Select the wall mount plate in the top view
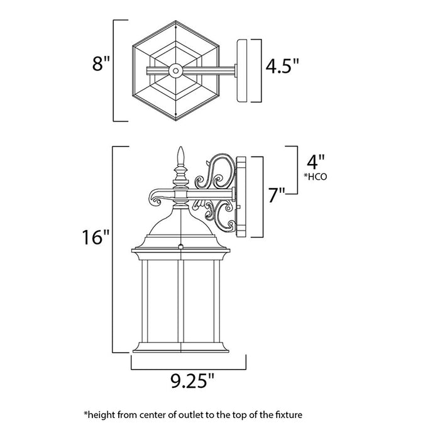pyautogui.click(x=248, y=70)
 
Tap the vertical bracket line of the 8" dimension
pyautogui.click(x=113, y=70)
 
